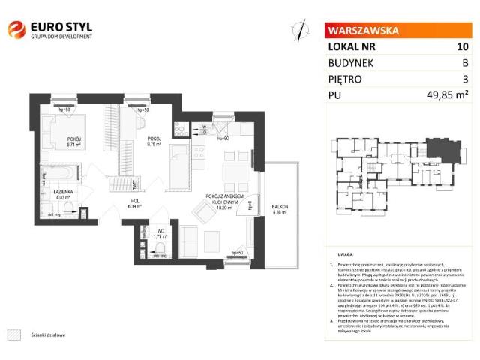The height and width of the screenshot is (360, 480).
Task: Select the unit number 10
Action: (x=463, y=46)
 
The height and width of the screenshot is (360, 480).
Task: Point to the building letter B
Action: (x=465, y=62)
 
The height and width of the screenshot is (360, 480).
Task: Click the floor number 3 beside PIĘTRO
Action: (x=465, y=78)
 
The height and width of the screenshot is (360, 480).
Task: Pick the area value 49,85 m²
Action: (x=447, y=94)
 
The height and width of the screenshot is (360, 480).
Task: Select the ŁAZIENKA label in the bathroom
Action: (x=52, y=192)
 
